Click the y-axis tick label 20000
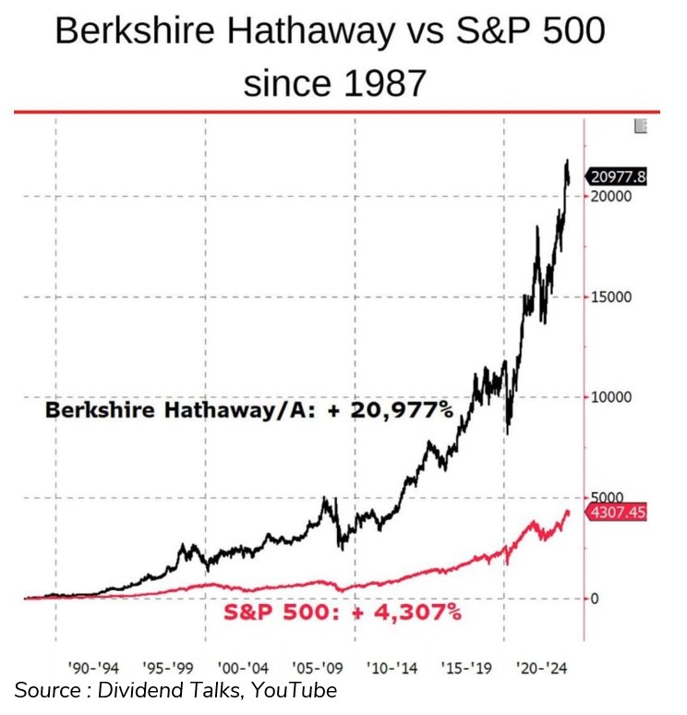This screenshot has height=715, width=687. pos(612,197)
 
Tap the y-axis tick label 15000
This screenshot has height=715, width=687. pos(612,297)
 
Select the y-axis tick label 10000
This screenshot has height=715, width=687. pos(612,397)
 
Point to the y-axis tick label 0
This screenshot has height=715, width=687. pos(596,598)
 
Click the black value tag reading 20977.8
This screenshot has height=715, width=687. pos(618,177)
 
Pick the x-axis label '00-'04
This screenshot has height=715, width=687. pos(244,666)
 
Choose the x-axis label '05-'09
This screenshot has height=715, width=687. pos(319,666)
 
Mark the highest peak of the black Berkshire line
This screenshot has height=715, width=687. pos(566,161)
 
